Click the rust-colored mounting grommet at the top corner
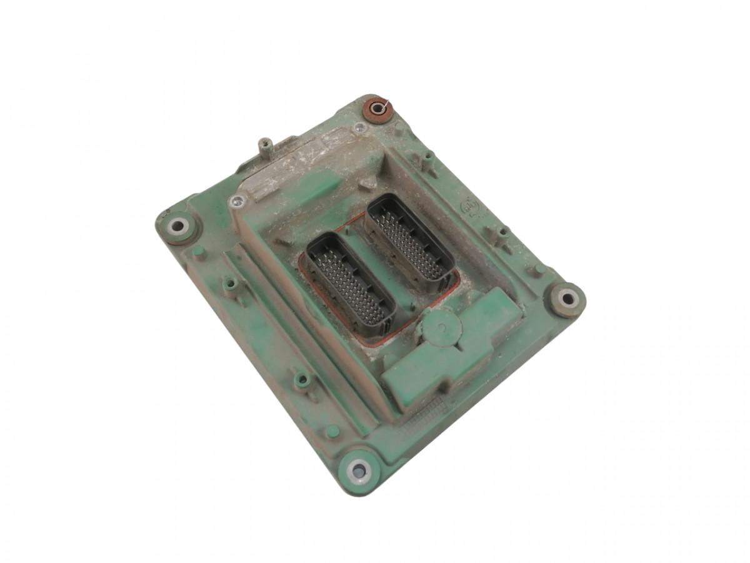point(377,109)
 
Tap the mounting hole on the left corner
point(178,225)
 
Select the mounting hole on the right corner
point(567,298)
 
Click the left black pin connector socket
point(350,284)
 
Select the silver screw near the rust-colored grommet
point(359,128)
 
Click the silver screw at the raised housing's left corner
point(237,201)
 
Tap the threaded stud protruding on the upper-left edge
point(266,148)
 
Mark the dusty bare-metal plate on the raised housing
point(300,160)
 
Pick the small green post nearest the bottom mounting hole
point(332,431)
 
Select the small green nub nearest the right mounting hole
point(536,270)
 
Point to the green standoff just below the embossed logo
point(502,236)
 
